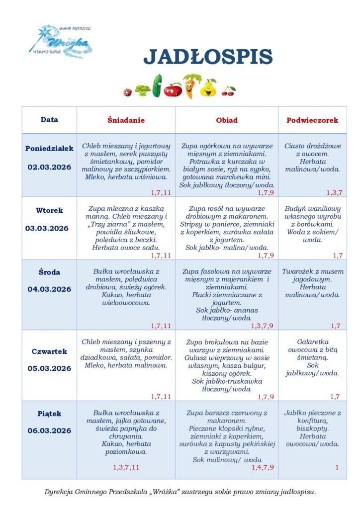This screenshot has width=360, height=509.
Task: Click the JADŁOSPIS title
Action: click(x=208, y=57)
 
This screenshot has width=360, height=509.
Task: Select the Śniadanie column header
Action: click(x=126, y=120)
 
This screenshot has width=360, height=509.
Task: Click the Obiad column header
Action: click(x=227, y=120)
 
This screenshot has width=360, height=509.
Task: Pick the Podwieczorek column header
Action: click(x=312, y=120)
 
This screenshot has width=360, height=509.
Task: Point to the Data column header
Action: click(x=49, y=120)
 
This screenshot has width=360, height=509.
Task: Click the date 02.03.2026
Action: click(x=49, y=168)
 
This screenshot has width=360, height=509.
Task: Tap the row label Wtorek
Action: click(x=49, y=210)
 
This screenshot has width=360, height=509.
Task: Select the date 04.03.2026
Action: click(x=49, y=289)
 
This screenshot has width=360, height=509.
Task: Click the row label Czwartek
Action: click(x=49, y=351)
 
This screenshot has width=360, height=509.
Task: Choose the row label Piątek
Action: click(x=49, y=414)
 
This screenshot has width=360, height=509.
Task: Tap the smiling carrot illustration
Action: click(x=189, y=85)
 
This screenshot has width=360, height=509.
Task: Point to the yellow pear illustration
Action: click(x=208, y=87)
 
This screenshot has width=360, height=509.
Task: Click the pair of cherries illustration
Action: click(x=229, y=90)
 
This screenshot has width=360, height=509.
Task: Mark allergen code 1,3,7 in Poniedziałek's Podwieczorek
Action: click(x=334, y=192)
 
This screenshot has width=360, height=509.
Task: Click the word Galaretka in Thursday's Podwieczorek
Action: click(x=312, y=342)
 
